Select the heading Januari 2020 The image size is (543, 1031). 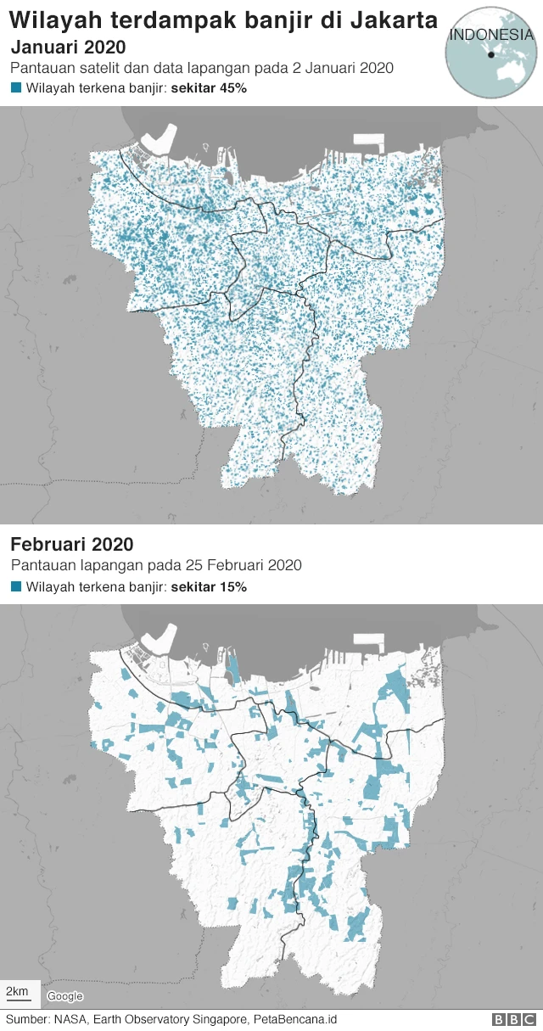coord(68,48)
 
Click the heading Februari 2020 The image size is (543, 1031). coord(72,544)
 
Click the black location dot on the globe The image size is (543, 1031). coord(490,55)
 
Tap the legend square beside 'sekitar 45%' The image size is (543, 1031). coord(15,87)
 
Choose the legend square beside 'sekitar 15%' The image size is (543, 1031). coord(15,586)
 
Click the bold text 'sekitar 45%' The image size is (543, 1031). coord(209,87)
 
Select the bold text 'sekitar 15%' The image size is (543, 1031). coord(209,586)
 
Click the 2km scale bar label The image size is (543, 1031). coord(18,991)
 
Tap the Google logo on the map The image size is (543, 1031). coord(64,996)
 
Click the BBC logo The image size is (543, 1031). coord(514,1019)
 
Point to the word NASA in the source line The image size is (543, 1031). coord(70,1019)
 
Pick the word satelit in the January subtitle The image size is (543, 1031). coord(99,67)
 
